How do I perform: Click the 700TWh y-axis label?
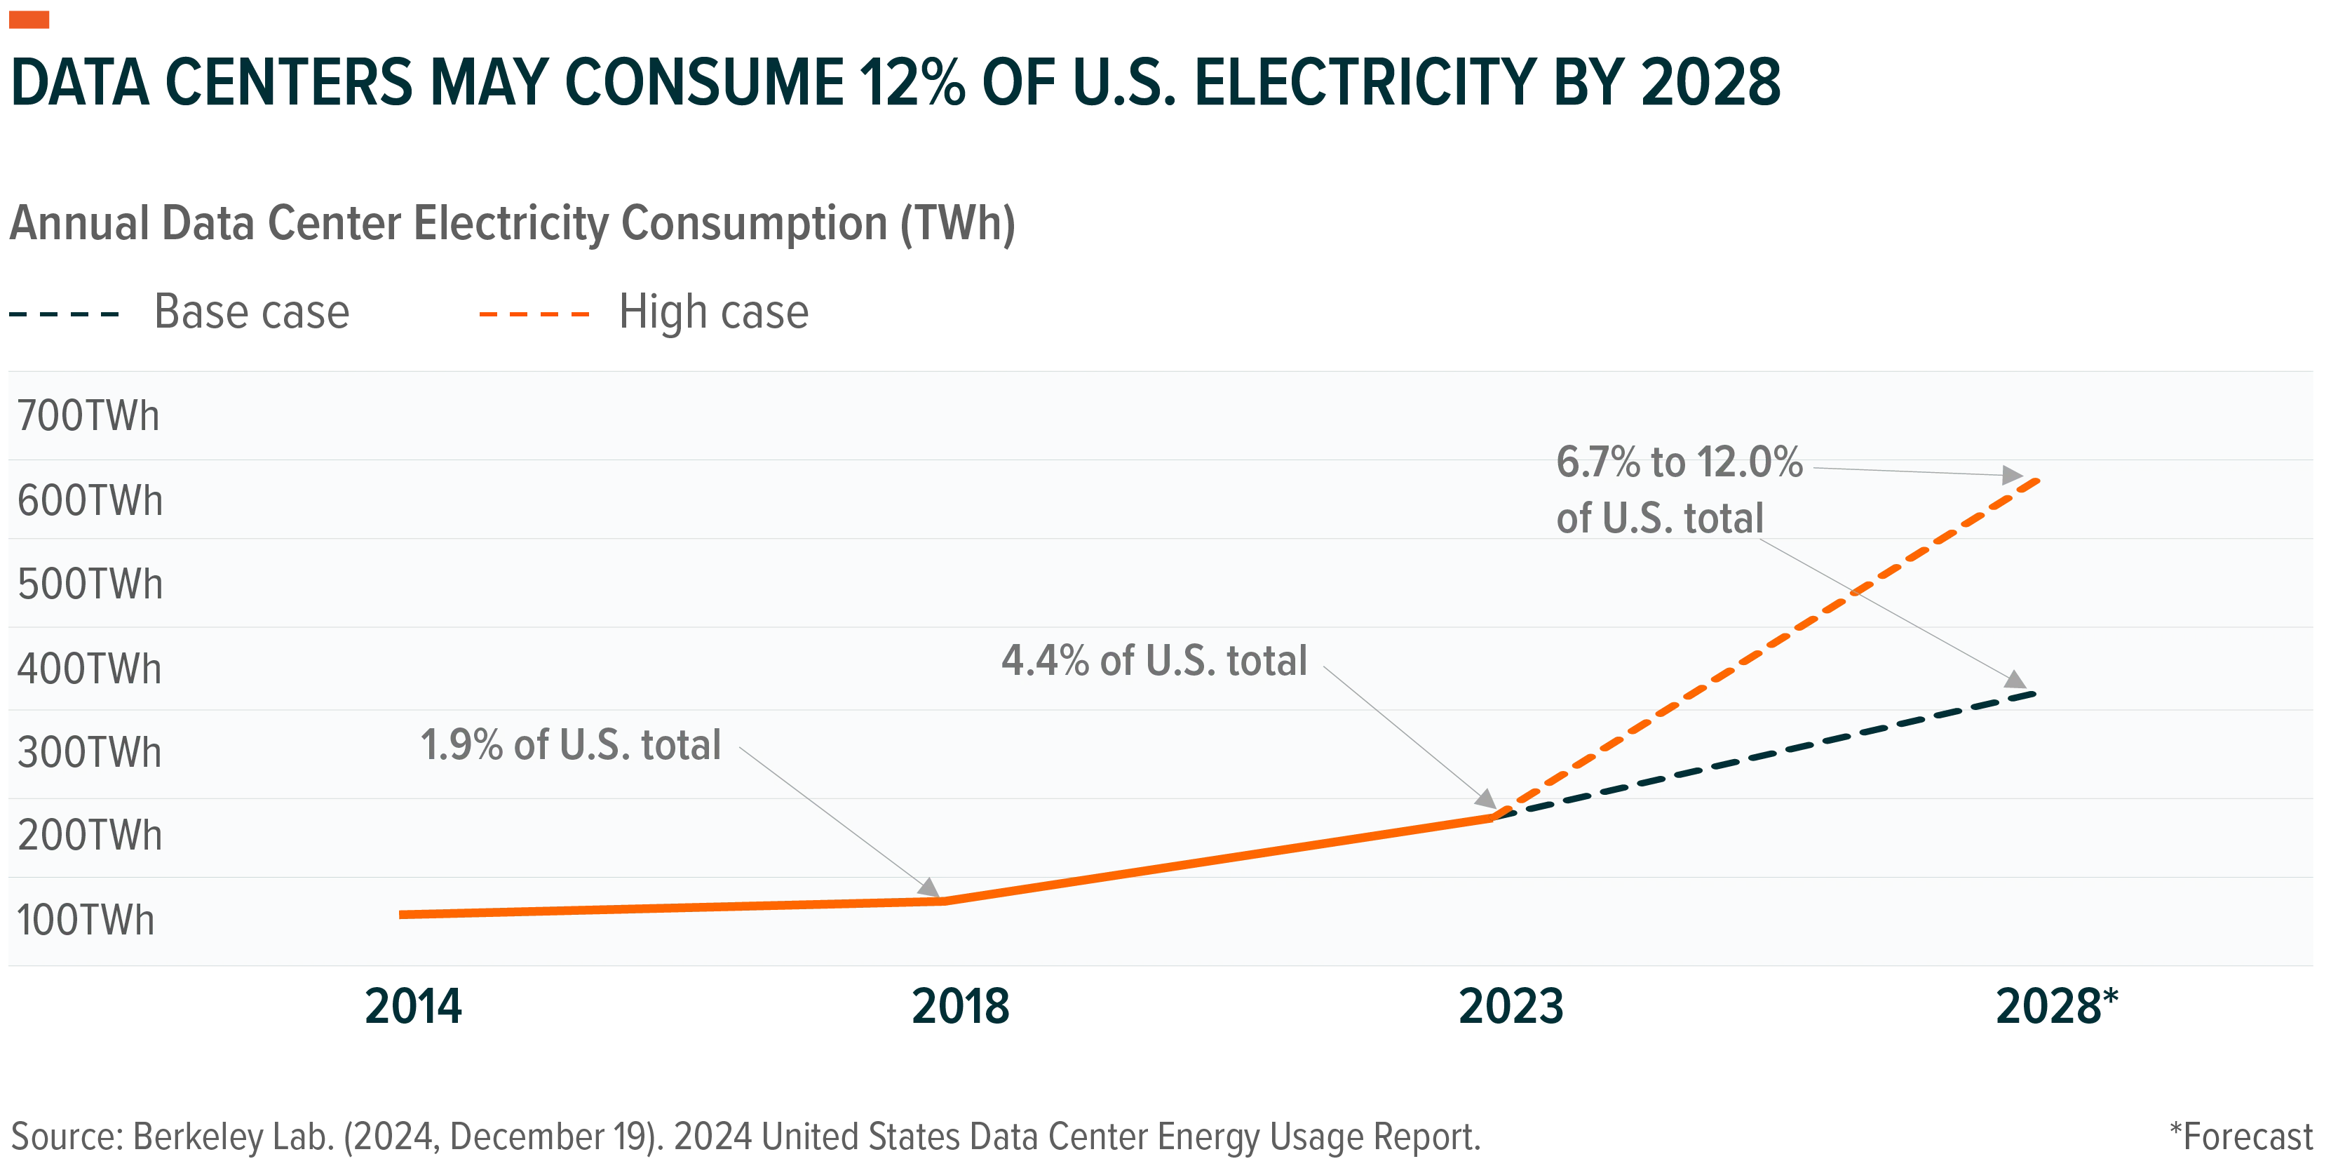tap(88, 416)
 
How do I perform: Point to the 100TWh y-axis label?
tap(86, 920)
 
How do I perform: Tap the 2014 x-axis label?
tap(413, 1006)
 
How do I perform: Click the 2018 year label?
tap(960, 1006)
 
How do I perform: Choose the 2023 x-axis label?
tap(1511, 1006)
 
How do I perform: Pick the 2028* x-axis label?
tap(2057, 1005)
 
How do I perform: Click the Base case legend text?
tap(252, 312)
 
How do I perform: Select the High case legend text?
tap(713, 312)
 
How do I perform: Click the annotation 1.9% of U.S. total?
tap(571, 744)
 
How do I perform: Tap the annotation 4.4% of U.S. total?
tap(1154, 660)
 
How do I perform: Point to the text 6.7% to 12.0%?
tap(1679, 462)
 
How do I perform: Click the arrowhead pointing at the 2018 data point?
tap(928, 887)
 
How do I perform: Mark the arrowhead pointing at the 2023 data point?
tap(1486, 799)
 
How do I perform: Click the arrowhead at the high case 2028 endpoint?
tap(2012, 475)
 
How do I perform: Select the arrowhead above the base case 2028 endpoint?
tap(2015, 679)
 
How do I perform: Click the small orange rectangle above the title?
tap(29, 20)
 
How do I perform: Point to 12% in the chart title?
tap(913, 83)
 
